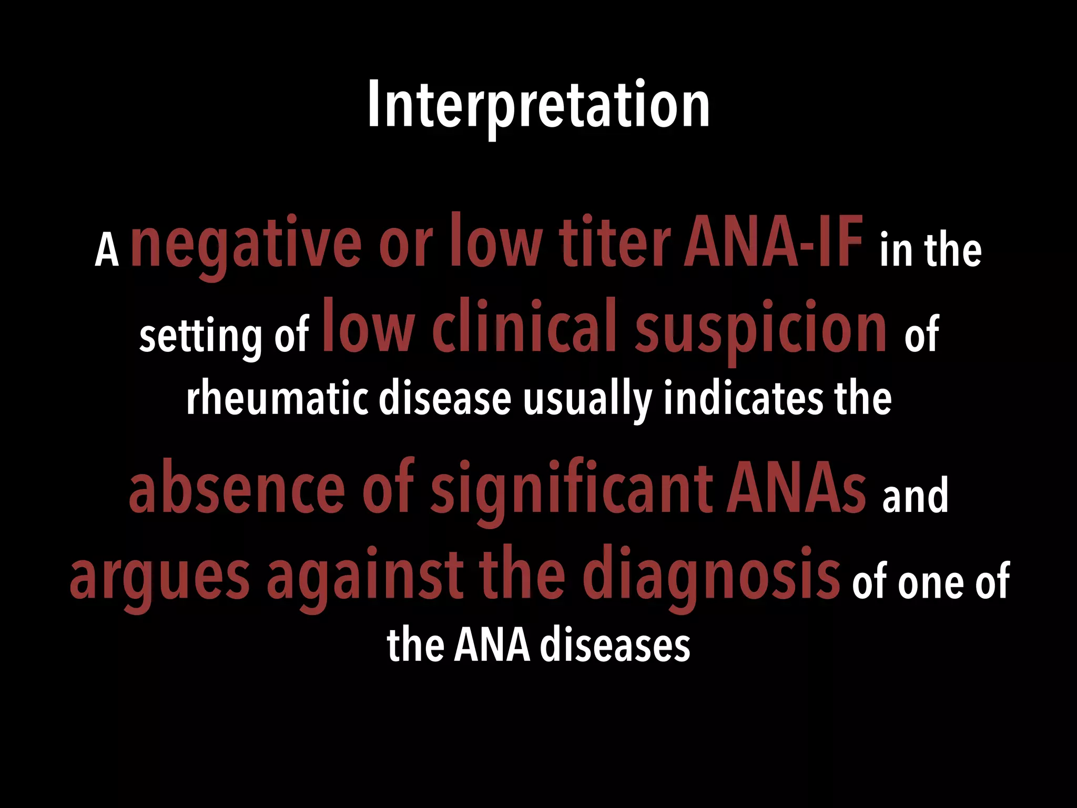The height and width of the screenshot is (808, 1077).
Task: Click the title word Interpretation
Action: [x=538, y=105]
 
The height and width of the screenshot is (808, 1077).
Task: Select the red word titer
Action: [x=614, y=243]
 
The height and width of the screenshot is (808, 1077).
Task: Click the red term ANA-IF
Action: [x=773, y=243]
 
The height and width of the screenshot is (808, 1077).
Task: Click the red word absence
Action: [x=237, y=490]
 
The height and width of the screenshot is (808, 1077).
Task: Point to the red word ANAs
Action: [x=796, y=490]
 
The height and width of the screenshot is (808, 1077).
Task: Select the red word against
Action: [x=365, y=576]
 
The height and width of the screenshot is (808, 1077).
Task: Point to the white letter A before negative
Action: [x=107, y=251]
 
